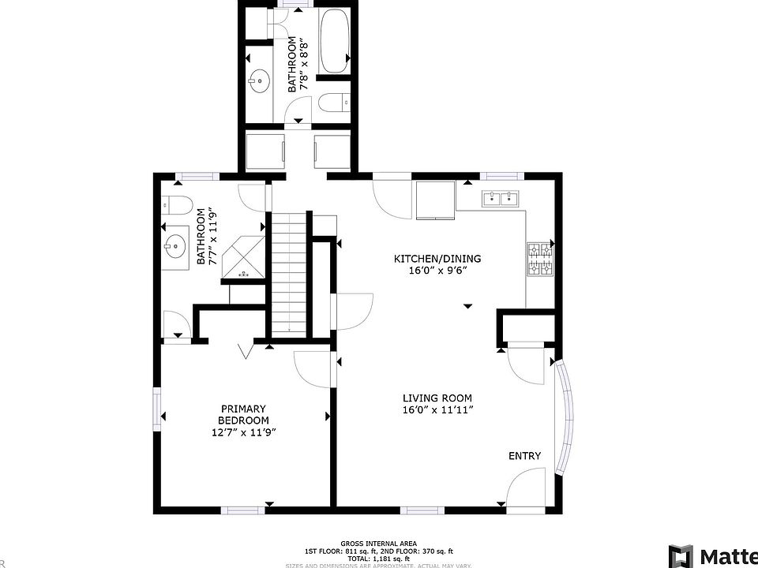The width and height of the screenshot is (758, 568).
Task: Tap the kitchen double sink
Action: coord(501,198)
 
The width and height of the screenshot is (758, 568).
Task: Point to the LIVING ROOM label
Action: coord(437,398)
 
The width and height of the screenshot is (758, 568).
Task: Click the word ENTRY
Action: coord(524,456)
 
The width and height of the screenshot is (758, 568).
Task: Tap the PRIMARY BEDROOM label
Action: coord(244,415)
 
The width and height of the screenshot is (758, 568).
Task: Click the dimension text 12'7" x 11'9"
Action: coord(244,432)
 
